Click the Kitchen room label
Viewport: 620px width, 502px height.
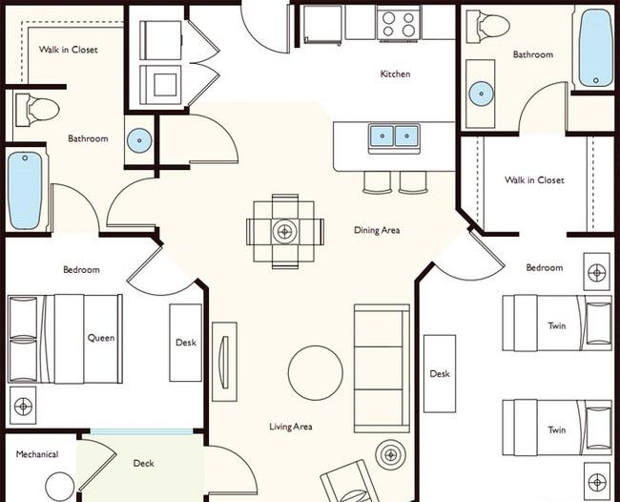(395, 74)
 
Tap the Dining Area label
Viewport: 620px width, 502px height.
(377, 230)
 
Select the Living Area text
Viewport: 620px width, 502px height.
(291, 427)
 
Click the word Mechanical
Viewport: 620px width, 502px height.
(37, 454)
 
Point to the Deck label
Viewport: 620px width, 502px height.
(143, 463)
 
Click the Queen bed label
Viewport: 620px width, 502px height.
(101, 338)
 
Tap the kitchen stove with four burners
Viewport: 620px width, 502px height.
(399, 23)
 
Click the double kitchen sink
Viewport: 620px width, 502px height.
(394, 136)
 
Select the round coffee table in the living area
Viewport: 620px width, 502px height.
(315, 373)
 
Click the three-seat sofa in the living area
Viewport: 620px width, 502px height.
(382, 368)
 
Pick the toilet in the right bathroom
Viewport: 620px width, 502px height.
(487, 26)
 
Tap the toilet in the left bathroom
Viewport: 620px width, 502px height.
(37, 110)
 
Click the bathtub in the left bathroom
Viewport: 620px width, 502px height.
(25, 191)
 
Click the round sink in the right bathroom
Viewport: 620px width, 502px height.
(481, 94)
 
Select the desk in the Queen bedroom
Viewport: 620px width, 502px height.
(185, 343)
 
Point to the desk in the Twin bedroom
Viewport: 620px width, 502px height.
(440, 374)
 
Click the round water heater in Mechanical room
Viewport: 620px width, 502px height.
(60, 488)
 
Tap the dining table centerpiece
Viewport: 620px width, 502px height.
(284, 231)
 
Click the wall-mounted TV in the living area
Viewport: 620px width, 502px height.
(224, 362)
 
